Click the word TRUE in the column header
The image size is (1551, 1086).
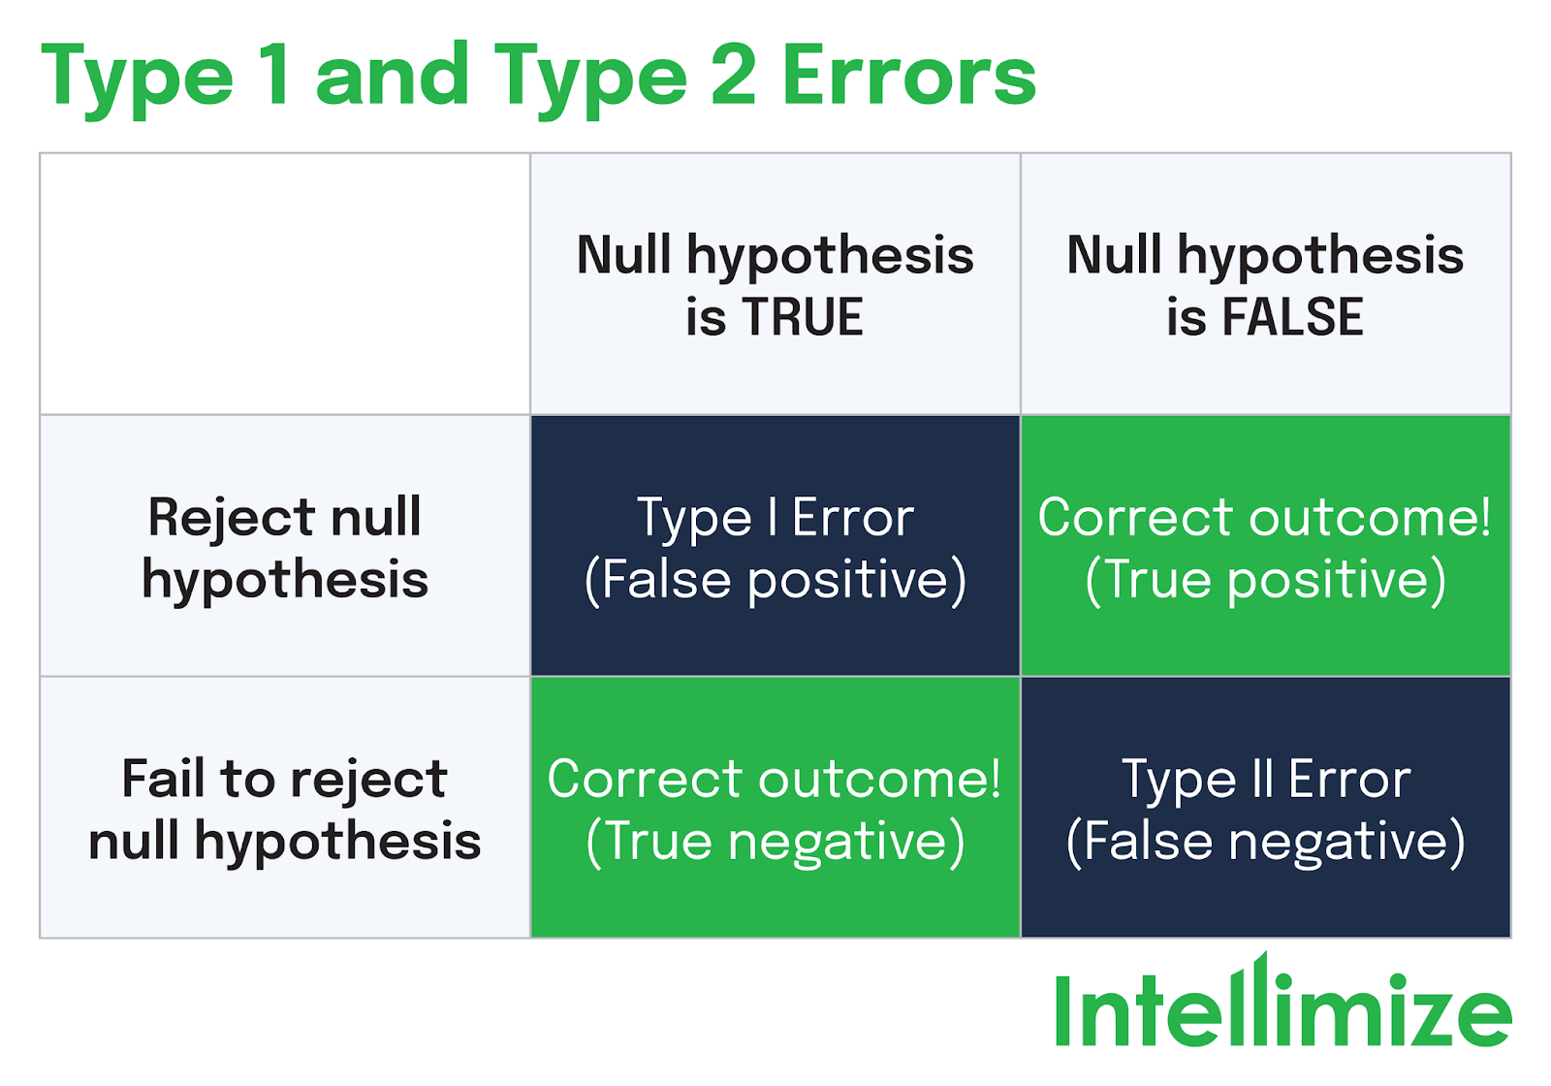click(x=803, y=317)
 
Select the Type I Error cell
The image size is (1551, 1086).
click(x=775, y=546)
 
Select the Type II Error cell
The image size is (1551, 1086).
click(x=1265, y=808)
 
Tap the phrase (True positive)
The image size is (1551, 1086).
click(x=1265, y=580)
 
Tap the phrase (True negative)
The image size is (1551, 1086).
click(x=775, y=841)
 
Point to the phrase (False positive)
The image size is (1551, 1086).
click(x=775, y=580)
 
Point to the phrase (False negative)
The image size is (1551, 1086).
click(x=1265, y=841)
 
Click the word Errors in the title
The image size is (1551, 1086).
click(x=908, y=77)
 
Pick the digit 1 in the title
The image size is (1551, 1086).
click(x=274, y=77)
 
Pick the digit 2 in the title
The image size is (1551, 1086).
click(x=733, y=77)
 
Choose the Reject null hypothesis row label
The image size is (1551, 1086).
click(x=285, y=547)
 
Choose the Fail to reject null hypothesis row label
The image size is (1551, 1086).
click(x=285, y=809)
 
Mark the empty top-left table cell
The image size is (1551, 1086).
click(x=285, y=284)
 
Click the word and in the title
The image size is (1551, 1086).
click(x=393, y=77)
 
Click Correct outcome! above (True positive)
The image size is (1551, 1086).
click(x=1265, y=517)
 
